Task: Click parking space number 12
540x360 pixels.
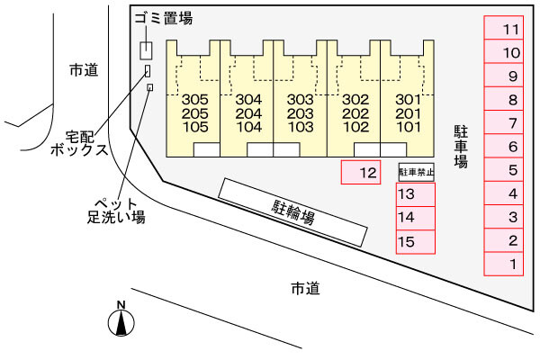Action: tap(367, 171)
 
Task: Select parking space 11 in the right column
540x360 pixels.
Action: tap(512, 30)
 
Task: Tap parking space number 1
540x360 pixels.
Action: tap(512, 264)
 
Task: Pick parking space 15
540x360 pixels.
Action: tap(406, 241)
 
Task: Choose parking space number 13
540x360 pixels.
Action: tap(406, 194)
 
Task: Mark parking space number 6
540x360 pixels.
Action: tap(512, 147)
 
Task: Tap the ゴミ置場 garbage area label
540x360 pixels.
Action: tap(163, 18)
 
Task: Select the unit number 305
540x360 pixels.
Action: tap(194, 99)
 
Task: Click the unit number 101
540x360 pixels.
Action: tap(409, 127)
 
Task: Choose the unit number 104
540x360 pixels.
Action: tap(247, 127)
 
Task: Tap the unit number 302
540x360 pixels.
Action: tap(356, 99)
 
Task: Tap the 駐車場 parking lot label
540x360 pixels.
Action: tap(460, 147)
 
